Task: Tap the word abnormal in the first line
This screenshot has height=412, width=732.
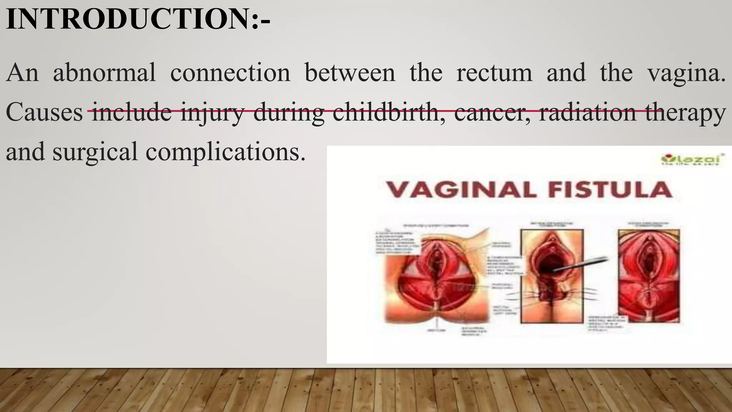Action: pos(104,73)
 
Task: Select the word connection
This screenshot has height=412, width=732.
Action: pos(230,73)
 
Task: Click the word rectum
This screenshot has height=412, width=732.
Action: pos(494,73)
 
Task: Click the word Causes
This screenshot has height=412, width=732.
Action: pos(44,112)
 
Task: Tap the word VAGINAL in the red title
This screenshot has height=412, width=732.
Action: pos(461,190)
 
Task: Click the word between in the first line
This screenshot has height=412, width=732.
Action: pos(350,73)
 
